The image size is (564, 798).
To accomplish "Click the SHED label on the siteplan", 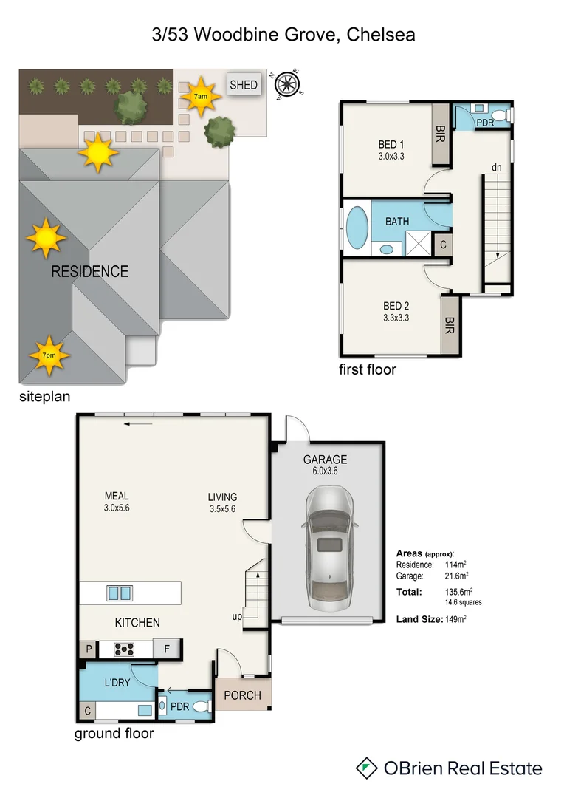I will click(244, 84).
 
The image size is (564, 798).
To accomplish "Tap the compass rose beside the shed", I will click(287, 84).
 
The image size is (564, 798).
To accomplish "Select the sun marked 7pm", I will click(49, 355).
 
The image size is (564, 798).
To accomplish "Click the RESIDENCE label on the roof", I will click(89, 272).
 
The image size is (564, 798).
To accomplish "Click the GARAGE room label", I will click(326, 460).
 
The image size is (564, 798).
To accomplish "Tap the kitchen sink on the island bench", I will click(120, 592).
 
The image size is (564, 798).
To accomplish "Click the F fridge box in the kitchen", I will click(168, 649).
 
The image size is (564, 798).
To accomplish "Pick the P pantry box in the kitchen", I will click(88, 649).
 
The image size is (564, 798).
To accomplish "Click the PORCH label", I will click(243, 695).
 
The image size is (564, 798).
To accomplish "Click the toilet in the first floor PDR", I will click(501, 116).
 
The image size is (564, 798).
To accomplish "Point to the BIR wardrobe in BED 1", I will click(441, 134).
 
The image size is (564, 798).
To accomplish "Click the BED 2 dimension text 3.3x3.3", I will click(396, 318).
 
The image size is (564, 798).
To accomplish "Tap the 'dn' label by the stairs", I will click(497, 168).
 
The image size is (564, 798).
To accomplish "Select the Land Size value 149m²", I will click(455, 618).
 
